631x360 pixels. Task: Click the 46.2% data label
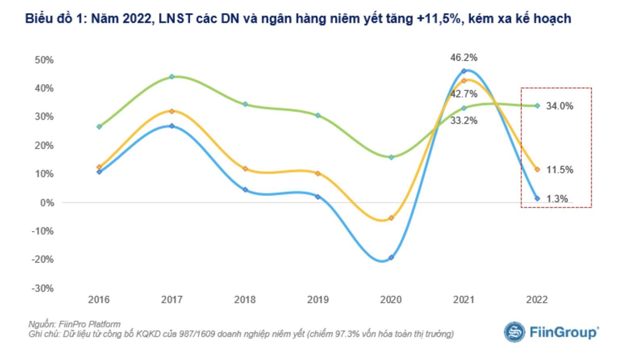[x=464, y=58]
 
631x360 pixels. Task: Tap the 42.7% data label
[x=464, y=94]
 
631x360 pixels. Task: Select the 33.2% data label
[x=464, y=120]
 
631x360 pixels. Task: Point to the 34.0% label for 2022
[x=559, y=106]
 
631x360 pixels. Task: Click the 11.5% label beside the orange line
[x=559, y=170]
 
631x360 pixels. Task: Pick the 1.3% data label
[x=557, y=199]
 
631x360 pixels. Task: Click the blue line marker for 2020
[x=391, y=257]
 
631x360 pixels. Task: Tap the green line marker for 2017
[x=172, y=77]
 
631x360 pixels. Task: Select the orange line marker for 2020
[x=391, y=218]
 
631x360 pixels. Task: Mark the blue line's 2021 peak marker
[x=464, y=71]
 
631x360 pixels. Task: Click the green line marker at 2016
[x=99, y=127]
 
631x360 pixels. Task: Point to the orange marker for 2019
[x=318, y=174]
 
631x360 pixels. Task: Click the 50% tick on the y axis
[x=44, y=60]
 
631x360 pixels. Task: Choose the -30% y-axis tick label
[x=42, y=289]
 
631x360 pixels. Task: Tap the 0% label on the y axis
[x=47, y=203]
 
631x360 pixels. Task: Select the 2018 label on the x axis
[x=245, y=300]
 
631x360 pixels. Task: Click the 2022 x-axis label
[x=537, y=300]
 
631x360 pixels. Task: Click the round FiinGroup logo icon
[x=514, y=332]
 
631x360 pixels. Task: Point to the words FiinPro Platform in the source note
[x=90, y=324]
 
